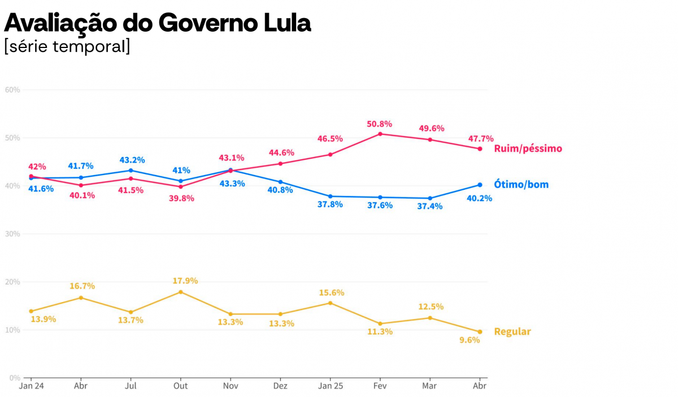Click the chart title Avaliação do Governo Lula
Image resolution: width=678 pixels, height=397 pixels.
(158, 23)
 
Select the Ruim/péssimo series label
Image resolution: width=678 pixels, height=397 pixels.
(528, 149)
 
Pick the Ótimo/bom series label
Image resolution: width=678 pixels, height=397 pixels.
(521, 185)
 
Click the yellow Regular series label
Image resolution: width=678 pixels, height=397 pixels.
(512, 331)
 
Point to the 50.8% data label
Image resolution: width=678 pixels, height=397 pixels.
(380, 124)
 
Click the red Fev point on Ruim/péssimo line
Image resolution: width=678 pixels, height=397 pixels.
(380, 134)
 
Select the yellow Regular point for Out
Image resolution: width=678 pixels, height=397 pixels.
(181, 292)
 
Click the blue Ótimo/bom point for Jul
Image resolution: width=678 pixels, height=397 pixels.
(131, 171)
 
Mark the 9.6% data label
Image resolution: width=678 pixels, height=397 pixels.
(470, 340)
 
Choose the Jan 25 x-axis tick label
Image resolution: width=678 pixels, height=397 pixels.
(331, 386)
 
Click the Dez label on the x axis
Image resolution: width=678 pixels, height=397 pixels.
(280, 386)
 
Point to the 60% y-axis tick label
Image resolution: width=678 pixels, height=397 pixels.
(12, 90)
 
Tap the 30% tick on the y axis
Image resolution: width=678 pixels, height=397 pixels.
(12, 234)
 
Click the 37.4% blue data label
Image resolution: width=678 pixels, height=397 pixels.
(430, 207)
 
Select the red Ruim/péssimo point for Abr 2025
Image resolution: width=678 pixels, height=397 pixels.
(480, 149)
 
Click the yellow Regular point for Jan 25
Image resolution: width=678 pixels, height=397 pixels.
(330, 303)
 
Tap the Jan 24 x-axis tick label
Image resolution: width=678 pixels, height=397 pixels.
(31, 386)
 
